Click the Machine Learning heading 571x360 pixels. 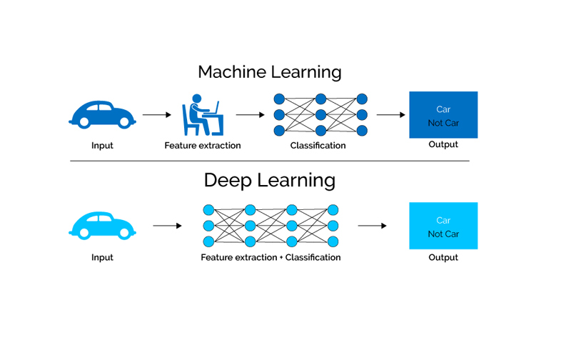point(269,72)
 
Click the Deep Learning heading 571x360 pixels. point(269,180)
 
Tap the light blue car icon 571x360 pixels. point(102,225)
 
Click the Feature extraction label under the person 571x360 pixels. point(203,146)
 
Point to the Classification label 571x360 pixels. point(318,146)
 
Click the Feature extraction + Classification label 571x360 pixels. point(271,257)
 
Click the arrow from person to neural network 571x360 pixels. point(250,114)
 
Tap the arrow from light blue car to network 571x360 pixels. point(168,226)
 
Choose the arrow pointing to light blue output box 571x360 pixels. point(372,226)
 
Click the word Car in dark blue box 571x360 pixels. point(443,109)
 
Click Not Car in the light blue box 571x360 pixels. point(443,234)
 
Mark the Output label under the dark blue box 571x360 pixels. point(443,145)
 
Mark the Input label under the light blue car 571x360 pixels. point(102,257)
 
